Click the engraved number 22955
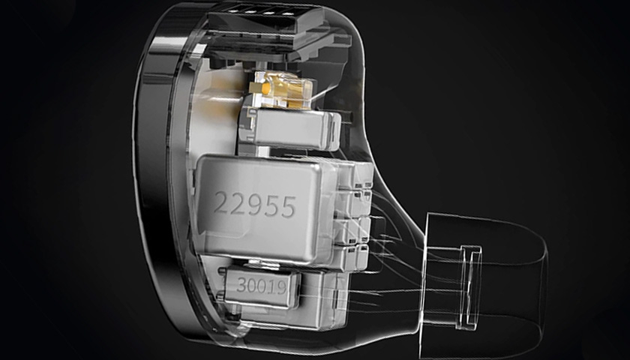click(255, 204)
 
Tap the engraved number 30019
click(262, 286)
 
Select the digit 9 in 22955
click(255, 204)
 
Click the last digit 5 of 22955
click(289, 207)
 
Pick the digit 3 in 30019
click(241, 284)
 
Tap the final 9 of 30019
click(283, 287)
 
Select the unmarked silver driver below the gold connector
click(290, 127)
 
